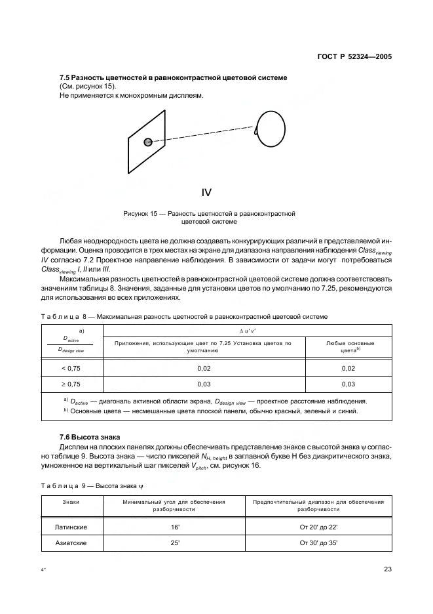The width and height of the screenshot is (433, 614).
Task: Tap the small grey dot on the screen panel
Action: (x=148, y=141)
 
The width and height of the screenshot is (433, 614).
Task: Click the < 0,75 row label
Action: (x=71, y=369)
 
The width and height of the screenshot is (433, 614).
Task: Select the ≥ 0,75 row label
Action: (x=71, y=384)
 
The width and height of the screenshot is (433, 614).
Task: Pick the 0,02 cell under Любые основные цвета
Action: (x=348, y=369)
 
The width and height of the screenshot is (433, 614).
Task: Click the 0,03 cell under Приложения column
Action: (x=204, y=384)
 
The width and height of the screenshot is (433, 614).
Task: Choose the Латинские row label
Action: (x=71, y=527)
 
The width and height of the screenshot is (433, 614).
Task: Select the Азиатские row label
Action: (x=71, y=543)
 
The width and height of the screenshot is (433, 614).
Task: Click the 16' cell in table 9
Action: (x=174, y=527)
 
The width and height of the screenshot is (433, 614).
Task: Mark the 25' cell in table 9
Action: (x=174, y=543)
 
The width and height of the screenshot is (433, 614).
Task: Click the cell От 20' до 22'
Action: (x=319, y=527)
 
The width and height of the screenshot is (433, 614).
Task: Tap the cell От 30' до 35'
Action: (x=319, y=543)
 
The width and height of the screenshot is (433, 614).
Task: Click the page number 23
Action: (x=388, y=569)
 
